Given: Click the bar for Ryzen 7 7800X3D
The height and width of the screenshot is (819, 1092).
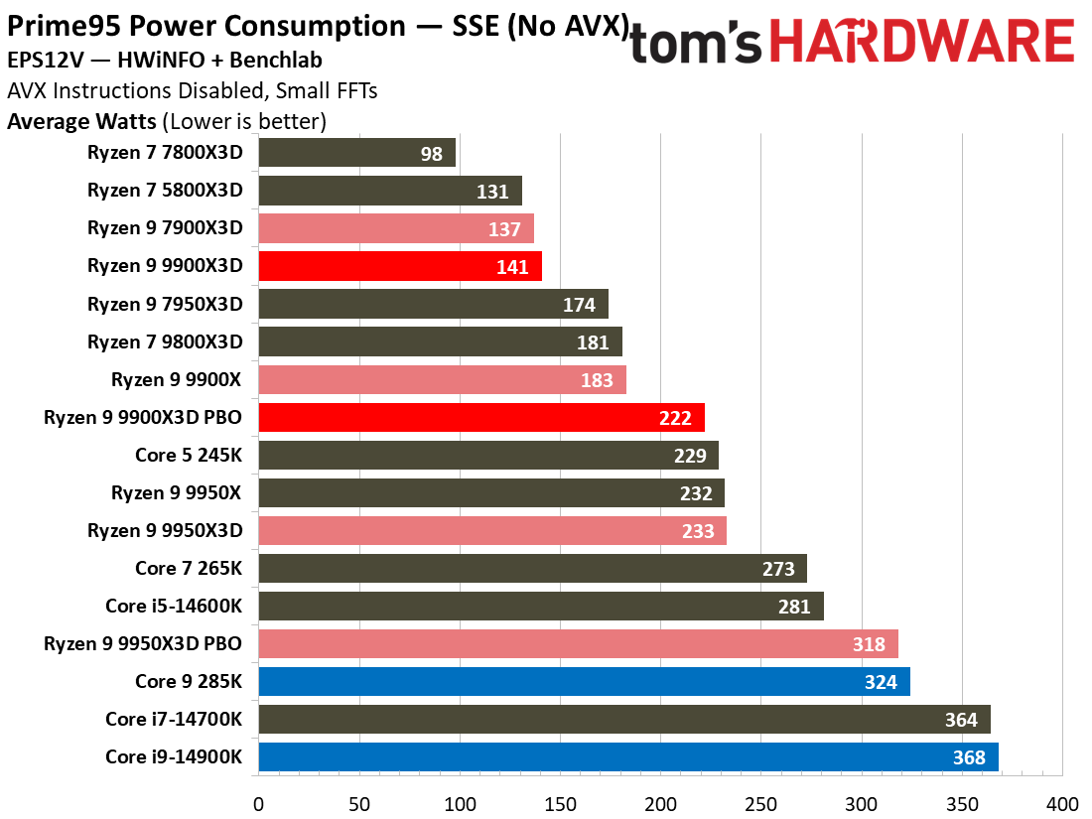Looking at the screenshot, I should point(356,153).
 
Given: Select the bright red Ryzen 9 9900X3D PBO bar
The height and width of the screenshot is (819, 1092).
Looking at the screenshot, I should point(481,418).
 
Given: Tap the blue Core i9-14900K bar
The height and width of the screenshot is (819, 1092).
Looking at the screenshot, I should point(627,757).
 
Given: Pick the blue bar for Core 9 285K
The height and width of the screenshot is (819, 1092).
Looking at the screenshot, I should point(584,682).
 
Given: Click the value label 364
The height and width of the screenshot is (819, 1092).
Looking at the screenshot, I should point(961,720).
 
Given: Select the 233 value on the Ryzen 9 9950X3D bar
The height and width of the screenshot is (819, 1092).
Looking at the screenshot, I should point(698,531).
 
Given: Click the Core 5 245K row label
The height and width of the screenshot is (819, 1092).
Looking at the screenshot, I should point(189,456).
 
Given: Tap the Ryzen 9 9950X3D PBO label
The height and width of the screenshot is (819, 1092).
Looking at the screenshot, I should point(143,644).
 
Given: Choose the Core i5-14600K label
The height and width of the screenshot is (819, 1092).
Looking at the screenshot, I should point(174,607).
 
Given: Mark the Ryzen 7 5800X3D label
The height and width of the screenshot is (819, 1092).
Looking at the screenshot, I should point(165,191).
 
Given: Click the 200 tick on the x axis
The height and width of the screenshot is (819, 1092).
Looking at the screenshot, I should point(660,803).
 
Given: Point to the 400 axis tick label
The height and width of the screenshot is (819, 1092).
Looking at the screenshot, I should point(1061,803).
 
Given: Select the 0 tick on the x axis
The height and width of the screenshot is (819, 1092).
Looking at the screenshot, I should point(258,803).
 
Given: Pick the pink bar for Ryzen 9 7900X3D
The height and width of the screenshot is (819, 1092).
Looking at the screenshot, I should point(396,228).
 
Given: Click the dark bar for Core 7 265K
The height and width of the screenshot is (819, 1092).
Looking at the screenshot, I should point(532,569).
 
